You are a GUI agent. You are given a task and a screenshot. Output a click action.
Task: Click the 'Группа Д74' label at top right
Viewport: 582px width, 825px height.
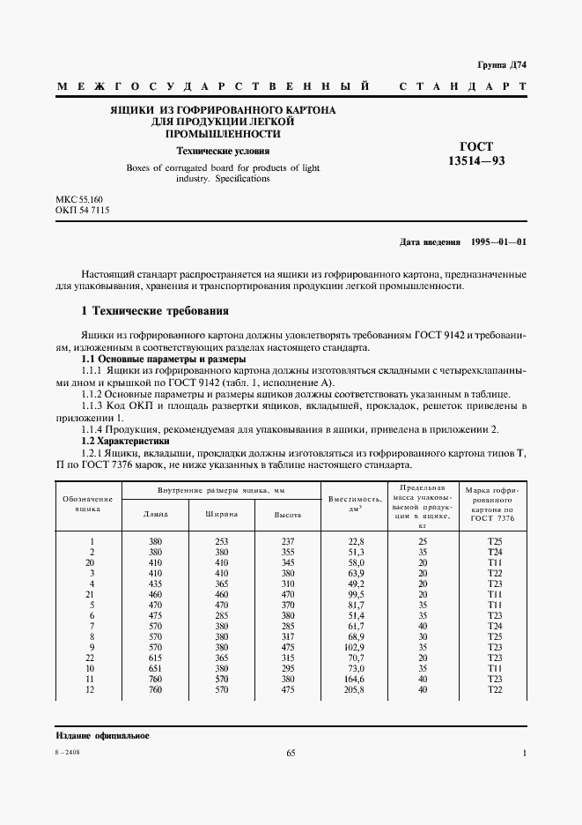pos(500,65)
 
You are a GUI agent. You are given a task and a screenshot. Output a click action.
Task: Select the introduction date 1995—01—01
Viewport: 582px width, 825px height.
pos(463,242)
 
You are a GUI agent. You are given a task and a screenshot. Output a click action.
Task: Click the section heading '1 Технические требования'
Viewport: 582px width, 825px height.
pos(155,311)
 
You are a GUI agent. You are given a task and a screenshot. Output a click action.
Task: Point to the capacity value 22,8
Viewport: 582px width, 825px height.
pos(355,541)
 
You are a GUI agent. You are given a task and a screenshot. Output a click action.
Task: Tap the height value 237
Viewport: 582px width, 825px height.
pos(288,541)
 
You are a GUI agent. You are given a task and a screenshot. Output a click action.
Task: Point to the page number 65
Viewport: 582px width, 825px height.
pos(291,753)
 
